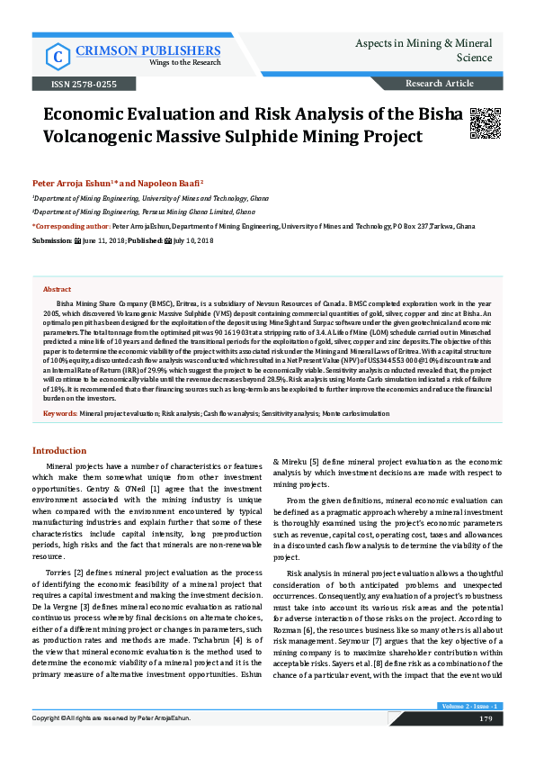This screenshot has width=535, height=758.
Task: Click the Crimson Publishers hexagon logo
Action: (58, 56)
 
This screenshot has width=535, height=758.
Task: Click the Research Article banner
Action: (440, 84)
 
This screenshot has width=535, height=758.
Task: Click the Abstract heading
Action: (58, 290)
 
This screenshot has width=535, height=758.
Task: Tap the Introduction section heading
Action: (59, 450)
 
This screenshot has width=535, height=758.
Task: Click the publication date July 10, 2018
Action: (193, 242)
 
